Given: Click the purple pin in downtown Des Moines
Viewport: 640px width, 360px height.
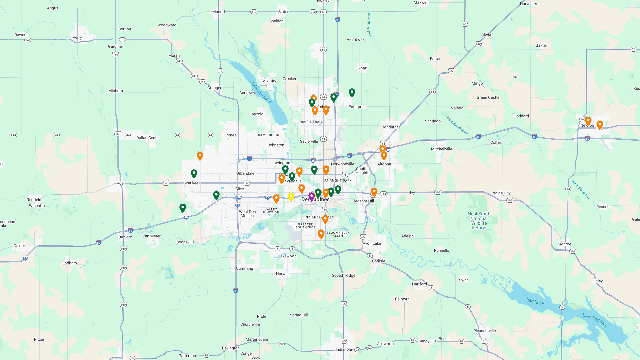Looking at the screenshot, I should (312, 196).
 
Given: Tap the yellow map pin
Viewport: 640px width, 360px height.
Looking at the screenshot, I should (291, 197).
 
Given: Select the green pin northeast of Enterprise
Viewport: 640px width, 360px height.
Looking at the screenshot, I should (352, 92).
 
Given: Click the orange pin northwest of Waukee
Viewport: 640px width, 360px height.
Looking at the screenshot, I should (200, 156).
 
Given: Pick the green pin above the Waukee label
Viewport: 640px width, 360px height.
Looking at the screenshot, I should (194, 173).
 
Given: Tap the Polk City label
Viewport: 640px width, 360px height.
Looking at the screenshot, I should (268, 81).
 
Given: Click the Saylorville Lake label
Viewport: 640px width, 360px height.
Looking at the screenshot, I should (260, 91).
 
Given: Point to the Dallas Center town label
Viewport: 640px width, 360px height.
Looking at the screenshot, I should (148, 138).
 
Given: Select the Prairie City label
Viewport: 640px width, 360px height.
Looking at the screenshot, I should (501, 193).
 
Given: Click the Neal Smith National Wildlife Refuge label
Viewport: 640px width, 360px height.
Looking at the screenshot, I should (479, 221).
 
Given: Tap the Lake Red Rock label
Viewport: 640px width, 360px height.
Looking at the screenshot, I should (595, 320).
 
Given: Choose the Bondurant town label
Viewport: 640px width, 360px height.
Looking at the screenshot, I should (391, 127).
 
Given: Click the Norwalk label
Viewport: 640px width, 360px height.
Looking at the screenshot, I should (283, 274).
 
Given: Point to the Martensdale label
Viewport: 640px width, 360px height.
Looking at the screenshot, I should (257, 339).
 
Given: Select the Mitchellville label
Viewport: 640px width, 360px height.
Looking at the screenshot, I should (441, 149).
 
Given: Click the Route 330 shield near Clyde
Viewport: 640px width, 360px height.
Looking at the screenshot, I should (478, 44).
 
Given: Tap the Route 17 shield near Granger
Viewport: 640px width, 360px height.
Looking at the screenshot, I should (220, 71).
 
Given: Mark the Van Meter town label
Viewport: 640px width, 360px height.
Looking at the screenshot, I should (151, 236).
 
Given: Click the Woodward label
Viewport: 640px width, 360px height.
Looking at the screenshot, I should (167, 25).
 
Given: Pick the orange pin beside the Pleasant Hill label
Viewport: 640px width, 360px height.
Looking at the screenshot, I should (374, 192).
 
